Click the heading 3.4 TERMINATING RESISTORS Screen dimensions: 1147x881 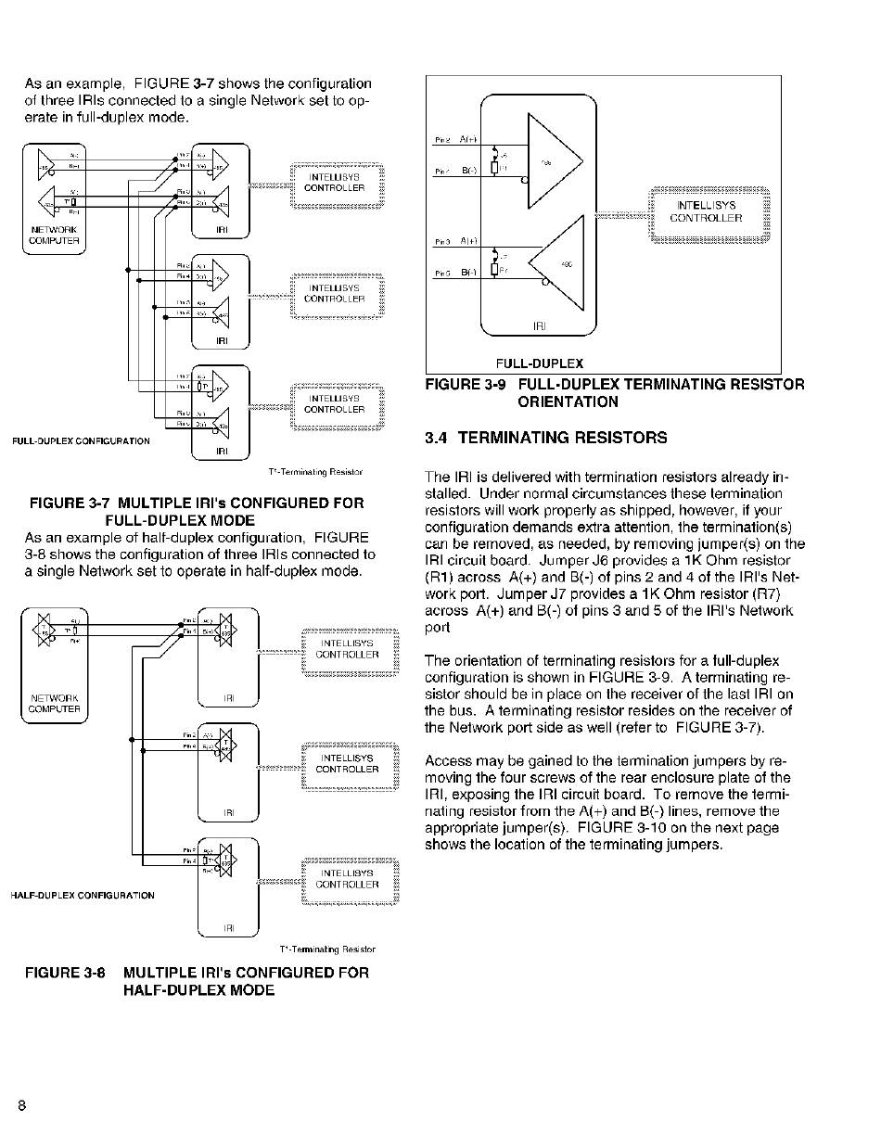[x=545, y=438]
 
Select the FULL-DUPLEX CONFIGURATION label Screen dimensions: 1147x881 [x=81, y=441]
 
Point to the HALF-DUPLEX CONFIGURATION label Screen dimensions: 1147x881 [x=83, y=896]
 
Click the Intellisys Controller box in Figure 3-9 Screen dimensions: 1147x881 [x=709, y=211]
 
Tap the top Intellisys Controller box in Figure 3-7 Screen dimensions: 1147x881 [x=335, y=182]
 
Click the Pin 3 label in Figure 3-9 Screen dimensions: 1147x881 [x=442, y=242]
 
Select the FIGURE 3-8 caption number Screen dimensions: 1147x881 [x=65, y=973]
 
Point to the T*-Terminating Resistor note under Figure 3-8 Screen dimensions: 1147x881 [x=327, y=949]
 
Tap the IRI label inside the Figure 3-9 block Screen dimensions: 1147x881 [x=540, y=326]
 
